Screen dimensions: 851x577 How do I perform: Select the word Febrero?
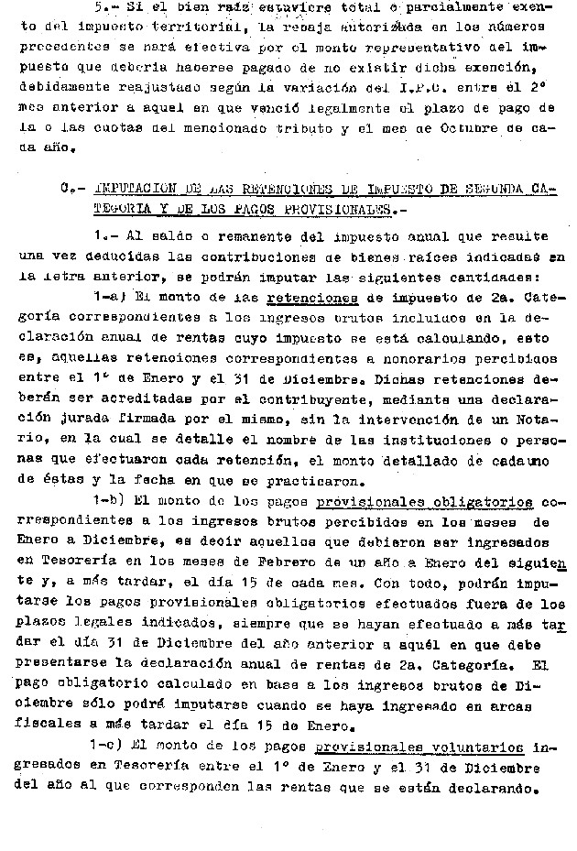[x=295, y=562]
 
